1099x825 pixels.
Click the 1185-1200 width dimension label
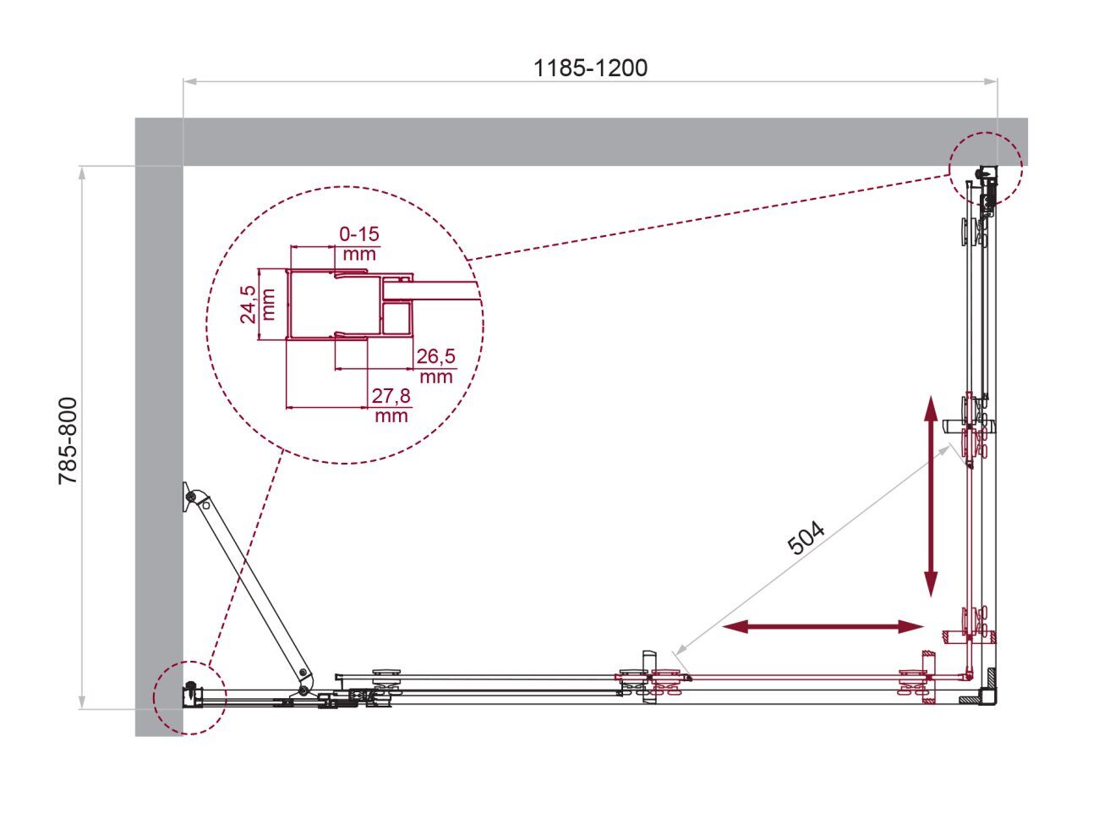590,69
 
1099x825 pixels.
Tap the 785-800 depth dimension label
68,441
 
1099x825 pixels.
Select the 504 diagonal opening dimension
806,538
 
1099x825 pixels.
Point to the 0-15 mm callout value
359,244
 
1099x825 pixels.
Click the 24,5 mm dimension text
258,305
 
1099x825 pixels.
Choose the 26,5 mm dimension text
436,366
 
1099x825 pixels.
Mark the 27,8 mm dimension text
391,406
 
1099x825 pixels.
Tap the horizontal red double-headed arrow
823,627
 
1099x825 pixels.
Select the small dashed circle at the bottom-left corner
189,698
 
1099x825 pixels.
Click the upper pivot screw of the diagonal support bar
191,497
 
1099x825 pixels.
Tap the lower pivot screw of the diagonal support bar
303,691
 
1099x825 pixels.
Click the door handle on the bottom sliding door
649,677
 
